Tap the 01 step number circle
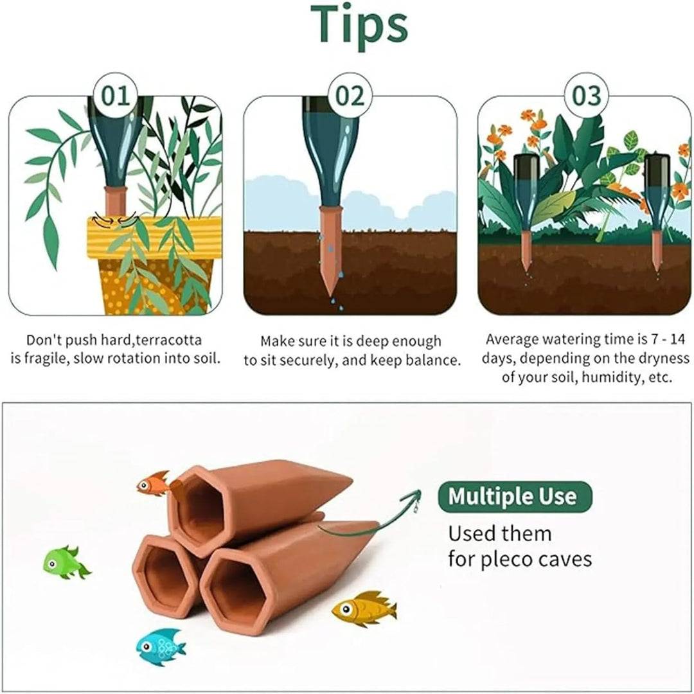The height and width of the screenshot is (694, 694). (116, 96)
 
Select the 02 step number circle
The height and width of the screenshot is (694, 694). (350, 96)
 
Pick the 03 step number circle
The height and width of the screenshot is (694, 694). (587, 96)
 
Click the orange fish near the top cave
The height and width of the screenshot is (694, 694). (153, 483)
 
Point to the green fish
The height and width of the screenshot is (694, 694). (66, 562)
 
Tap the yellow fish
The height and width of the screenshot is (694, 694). (364, 609)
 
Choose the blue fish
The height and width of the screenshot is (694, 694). (160, 647)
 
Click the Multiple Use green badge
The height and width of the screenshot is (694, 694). (515, 497)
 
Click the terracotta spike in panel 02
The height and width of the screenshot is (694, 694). (330, 250)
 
